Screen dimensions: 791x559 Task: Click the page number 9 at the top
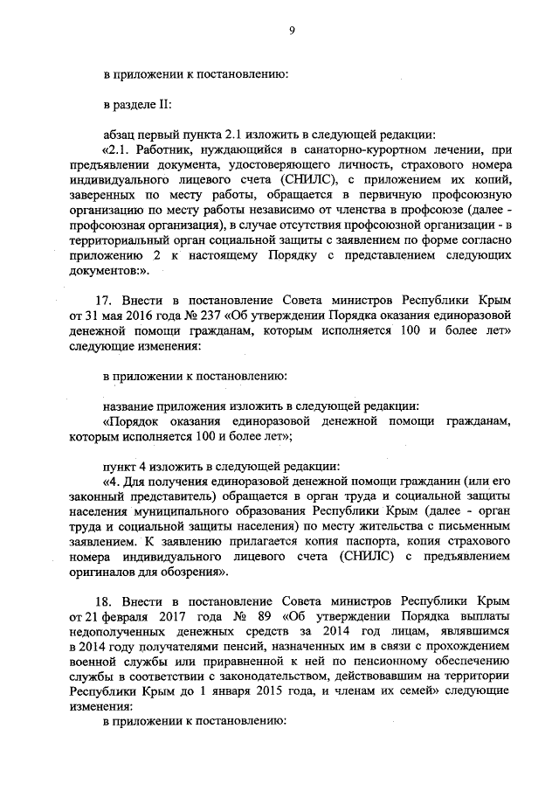pos(292,31)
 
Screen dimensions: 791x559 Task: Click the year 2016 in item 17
pos(132,314)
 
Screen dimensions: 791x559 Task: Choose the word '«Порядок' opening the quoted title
pos(131,421)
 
